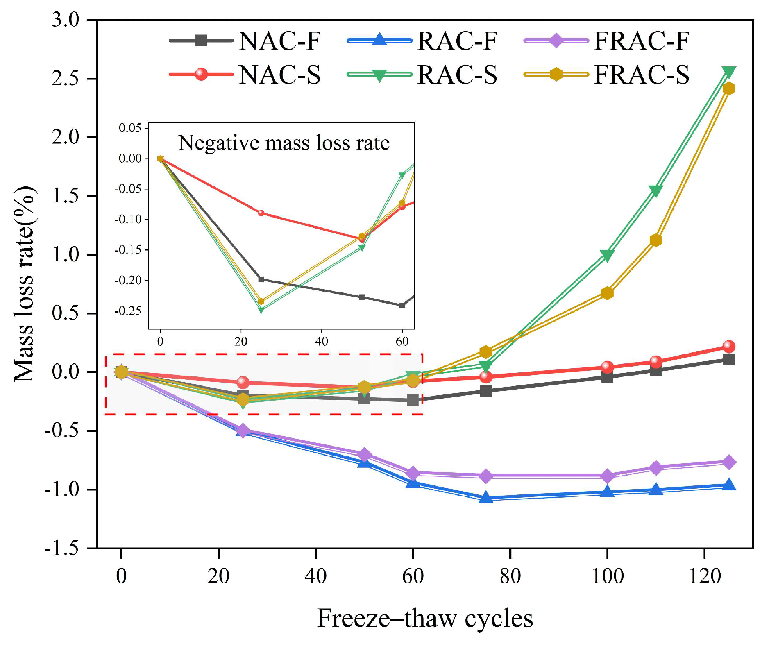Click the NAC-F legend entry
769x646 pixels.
244,41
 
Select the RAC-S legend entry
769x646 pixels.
422,75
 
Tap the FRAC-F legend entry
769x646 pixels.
606,41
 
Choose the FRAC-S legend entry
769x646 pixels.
606,75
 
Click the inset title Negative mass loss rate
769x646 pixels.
284,143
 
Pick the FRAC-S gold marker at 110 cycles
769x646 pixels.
656,240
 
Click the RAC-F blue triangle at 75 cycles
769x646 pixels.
486,498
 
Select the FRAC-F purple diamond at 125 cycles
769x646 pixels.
728,462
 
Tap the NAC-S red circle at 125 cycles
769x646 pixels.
728,347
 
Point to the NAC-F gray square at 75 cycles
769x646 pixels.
486,391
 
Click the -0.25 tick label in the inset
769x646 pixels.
128,311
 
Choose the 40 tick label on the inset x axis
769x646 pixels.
321,341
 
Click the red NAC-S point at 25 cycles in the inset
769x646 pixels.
261,213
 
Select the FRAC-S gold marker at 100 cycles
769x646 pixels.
607,293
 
